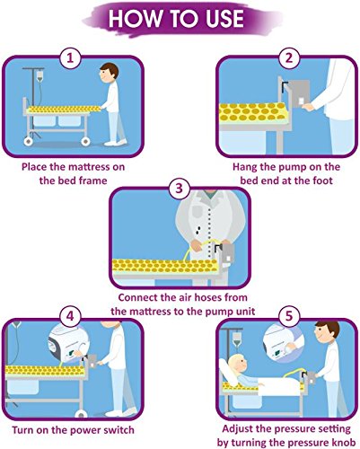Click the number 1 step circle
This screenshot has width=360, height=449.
pos(70,58)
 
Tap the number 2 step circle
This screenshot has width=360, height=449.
pos(289,58)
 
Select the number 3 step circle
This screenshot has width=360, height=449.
pos(179,189)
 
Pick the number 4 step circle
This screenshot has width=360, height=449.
pos(70,317)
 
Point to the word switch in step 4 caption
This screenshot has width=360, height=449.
pos(119,430)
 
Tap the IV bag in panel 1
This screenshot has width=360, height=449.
pos(40,75)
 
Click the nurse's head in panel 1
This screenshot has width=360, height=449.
pos(109,74)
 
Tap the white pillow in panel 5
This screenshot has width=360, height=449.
pos(228,372)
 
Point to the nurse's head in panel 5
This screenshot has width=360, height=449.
pos(327,332)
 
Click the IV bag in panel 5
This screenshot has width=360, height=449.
pos(237,339)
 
